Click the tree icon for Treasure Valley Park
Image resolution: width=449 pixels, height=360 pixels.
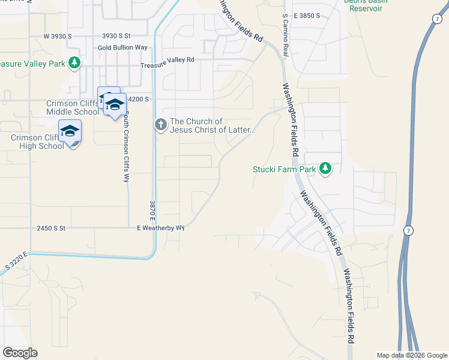pyautogui.click(x=74, y=62)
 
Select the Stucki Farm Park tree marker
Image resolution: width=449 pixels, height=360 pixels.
pyautogui.click(x=325, y=169)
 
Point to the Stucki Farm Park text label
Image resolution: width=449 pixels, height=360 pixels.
pyautogui.click(x=283, y=170)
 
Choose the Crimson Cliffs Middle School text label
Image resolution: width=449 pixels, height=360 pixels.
pyautogui.click(x=73, y=107)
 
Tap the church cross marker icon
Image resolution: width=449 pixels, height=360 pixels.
pyautogui.click(x=160, y=125)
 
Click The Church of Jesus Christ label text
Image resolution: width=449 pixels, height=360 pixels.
pyautogui.click(x=212, y=126)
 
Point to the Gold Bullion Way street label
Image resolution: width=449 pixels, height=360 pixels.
pyautogui.click(x=122, y=47)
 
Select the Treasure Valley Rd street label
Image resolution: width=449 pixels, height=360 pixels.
pyautogui.click(x=167, y=60)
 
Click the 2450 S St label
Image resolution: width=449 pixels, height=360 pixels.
pyautogui.click(x=50, y=228)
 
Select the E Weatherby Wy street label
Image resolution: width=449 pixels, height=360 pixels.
pyautogui.click(x=160, y=228)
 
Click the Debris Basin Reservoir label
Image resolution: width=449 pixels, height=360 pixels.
pyautogui.click(x=366, y=5)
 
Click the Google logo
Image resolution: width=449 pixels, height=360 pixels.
pyautogui.click(x=20, y=353)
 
